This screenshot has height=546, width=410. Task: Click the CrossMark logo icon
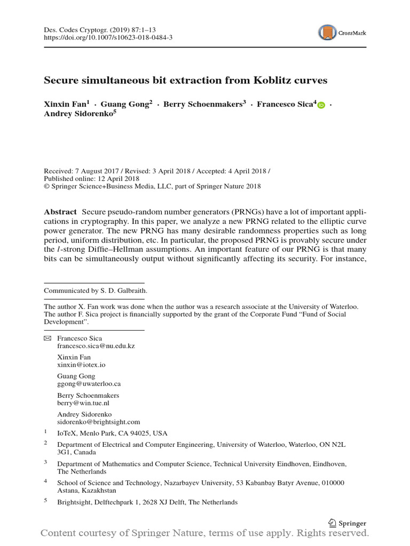point(328,33)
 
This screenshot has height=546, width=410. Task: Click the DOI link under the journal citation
point(108,38)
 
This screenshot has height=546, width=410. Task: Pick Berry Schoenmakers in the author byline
point(203,105)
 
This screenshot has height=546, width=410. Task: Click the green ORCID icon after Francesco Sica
point(321,106)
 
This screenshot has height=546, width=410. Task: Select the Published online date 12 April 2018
point(116,179)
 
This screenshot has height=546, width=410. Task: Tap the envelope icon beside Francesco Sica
point(47,339)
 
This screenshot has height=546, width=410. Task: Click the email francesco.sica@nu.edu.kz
point(96,346)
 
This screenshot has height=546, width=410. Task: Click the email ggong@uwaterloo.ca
point(89,384)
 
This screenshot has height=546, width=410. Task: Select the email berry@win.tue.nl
point(84,403)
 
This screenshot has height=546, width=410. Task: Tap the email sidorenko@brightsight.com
point(98,422)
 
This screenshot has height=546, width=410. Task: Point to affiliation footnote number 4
point(46,480)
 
